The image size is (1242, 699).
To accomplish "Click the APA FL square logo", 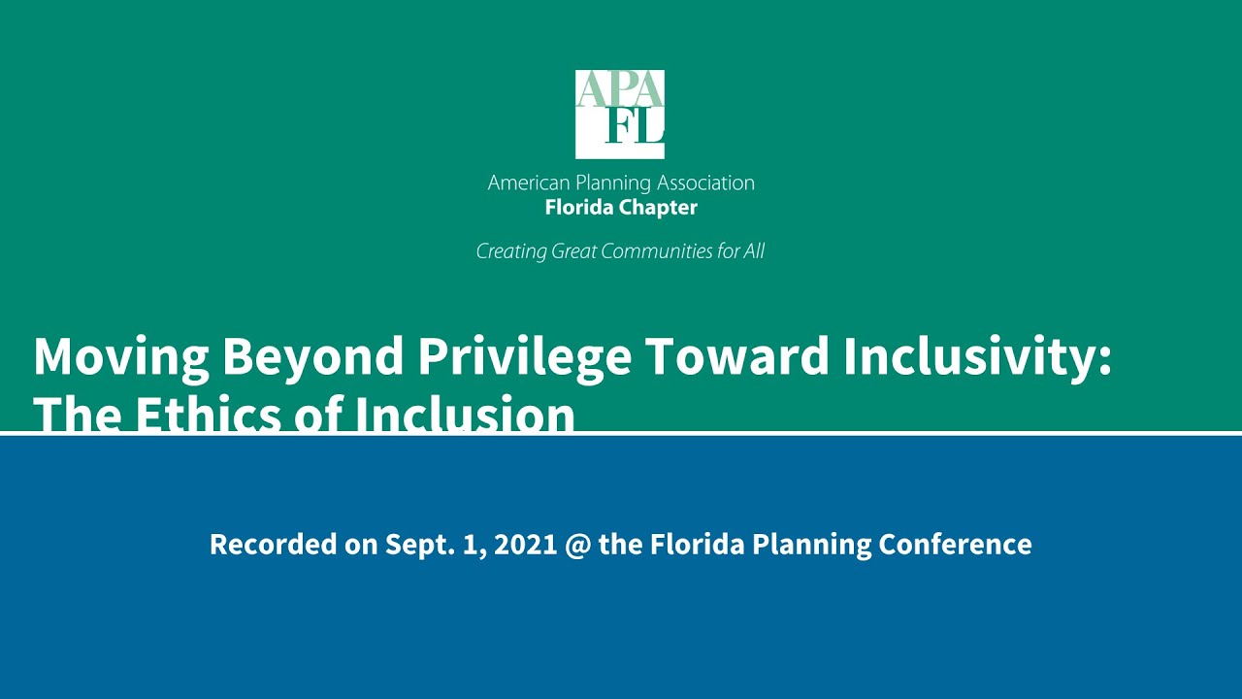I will [x=620, y=114].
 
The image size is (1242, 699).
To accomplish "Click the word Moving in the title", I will [x=121, y=356].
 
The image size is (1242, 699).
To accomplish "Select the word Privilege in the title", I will [x=524, y=356].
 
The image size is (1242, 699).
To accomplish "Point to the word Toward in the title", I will [x=736, y=356].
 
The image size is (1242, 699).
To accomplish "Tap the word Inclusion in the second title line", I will [x=464, y=416].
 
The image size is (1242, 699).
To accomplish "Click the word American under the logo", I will [x=530, y=183].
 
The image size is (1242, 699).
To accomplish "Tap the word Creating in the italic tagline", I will [x=511, y=251].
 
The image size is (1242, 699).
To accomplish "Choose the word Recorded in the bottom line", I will [x=265, y=544].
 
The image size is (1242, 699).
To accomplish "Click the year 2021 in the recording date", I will [x=525, y=544].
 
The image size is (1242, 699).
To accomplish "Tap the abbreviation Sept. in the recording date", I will [x=418, y=544].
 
